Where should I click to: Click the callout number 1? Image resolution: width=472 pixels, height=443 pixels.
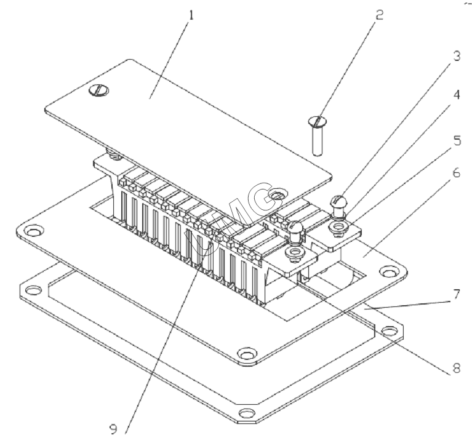[191, 14]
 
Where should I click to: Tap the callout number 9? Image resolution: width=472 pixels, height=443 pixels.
[130, 425]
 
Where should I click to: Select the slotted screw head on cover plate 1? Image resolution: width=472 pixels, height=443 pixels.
[98, 91]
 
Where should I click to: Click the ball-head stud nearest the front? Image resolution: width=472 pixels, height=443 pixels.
[294, 230]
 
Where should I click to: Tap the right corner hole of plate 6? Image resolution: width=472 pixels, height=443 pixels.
[388, 271]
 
